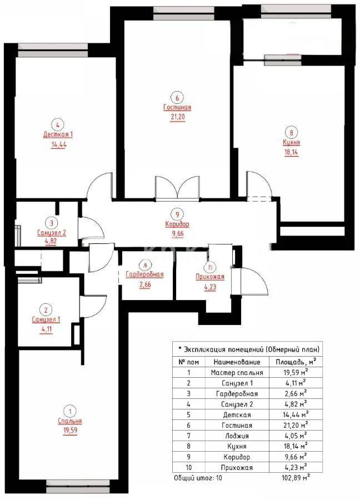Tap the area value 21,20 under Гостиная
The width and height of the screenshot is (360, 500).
(x=177, y=117)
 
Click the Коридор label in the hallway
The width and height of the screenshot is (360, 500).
(x=177, y=224)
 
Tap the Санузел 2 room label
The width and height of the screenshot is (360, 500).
(x=52, y=233)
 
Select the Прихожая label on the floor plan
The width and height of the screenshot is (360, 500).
(x=209, y=277)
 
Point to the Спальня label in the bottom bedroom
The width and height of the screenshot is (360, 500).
(x=71, y=421)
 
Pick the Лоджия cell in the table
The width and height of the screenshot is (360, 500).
(x=237, y=436)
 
